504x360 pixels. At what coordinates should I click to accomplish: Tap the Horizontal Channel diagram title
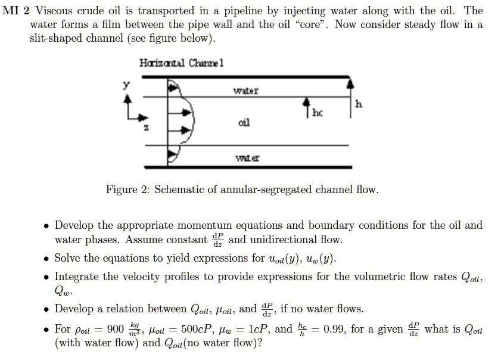click(181, 63)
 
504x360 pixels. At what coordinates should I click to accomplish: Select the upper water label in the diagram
click(245, 91)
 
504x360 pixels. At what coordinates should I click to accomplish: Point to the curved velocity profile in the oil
click(191, 122)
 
